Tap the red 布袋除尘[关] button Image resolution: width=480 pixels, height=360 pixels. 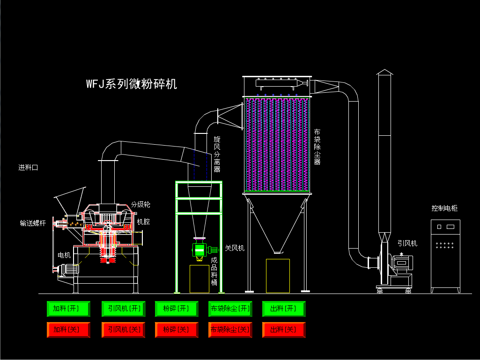(230, 330)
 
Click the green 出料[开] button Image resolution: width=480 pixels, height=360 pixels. (284, 309)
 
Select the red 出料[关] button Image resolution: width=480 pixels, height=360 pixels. (284, 330)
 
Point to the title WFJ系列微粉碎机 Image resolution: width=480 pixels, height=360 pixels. (132, 84)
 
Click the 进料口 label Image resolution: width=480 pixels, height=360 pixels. (28, 168)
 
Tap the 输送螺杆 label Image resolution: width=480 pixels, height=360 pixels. (33, 223)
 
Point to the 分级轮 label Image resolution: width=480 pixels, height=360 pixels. (140, 205)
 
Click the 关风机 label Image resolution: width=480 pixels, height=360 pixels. (235, 248)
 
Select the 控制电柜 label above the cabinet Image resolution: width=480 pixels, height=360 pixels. (445, 208)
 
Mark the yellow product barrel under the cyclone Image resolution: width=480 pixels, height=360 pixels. (199, 279)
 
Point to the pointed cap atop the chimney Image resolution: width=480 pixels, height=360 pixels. (384, 72)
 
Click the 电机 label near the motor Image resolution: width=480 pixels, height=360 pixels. (64, 255)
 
